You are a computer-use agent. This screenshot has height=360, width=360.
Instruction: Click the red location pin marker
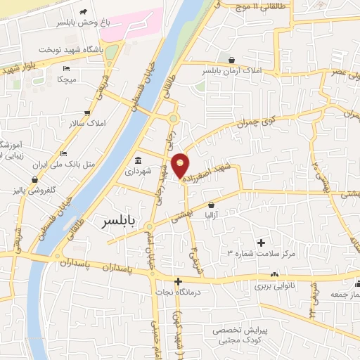[x=181, y=165]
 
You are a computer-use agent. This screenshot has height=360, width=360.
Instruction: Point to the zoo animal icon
[x=84, y=12]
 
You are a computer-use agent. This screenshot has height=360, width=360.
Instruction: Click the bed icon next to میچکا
[x=66, y=68]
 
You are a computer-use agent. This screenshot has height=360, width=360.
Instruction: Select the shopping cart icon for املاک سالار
[x=86, y=112]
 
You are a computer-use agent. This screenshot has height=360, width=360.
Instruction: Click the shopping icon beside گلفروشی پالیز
[x=35, y=179]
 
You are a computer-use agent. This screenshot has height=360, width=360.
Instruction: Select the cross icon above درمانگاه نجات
[x=178, y=282]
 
